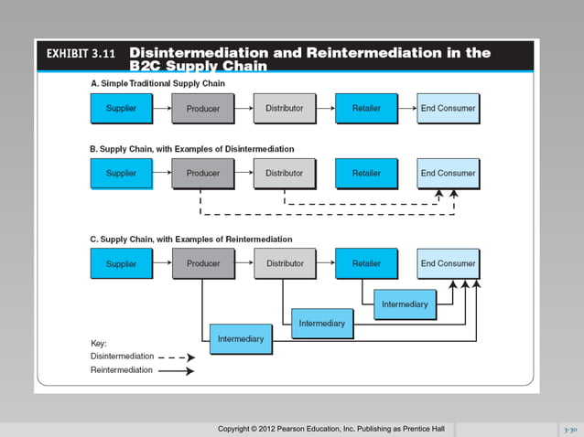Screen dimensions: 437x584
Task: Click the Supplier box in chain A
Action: click(121, 109)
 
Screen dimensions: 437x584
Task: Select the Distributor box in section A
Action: click(285, 109)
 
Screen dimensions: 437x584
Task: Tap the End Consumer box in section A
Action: click(448, 109)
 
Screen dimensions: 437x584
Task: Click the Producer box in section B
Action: click(203, 173)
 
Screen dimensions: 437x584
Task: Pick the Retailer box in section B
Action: click(366, 173)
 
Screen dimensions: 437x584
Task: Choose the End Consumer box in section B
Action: click(448, 173)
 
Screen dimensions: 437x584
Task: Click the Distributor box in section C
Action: click(285, 263)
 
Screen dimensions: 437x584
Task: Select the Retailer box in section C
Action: click(366, 263)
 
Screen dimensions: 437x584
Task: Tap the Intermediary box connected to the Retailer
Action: click(405, 304)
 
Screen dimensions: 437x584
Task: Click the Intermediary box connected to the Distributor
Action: click(322, 324)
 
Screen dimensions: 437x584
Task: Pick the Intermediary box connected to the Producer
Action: click(241, 339)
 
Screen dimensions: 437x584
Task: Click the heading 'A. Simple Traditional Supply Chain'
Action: click(157, 83)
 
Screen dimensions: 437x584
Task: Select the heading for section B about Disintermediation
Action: click(191, 148)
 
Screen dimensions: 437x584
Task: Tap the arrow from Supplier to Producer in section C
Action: click(161, 263)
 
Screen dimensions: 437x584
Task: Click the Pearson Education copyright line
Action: click(330, 429)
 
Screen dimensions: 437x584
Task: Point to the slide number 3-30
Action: click(569, 429)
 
